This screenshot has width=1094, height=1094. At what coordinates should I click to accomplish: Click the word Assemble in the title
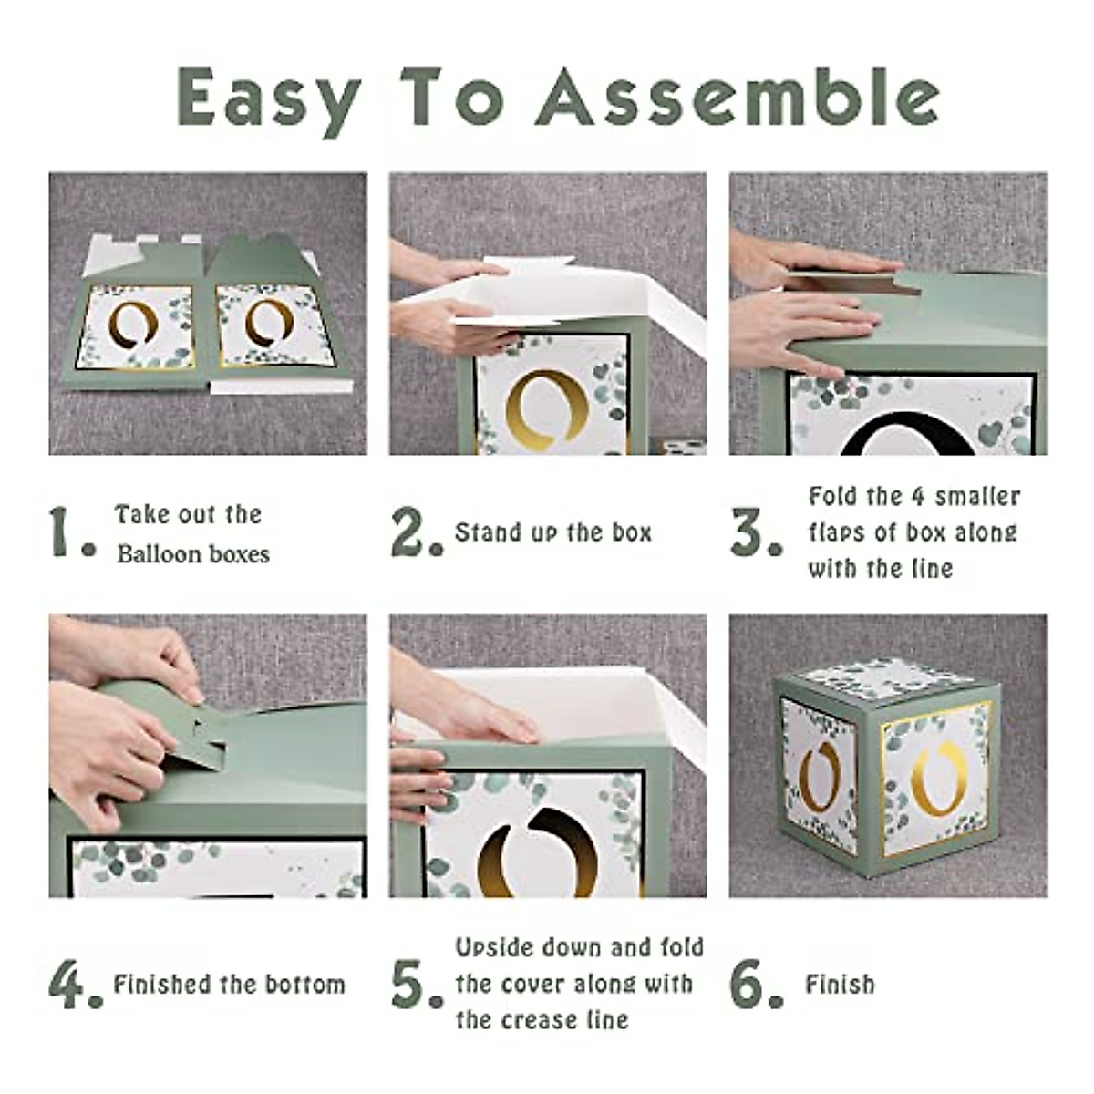pyautogui.click(x=737, y=97)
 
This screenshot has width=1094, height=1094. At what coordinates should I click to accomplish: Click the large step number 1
pyautogui.click(x=71, y=532)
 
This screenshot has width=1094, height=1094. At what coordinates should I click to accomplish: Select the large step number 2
pyautogui.click(x=416, y=532)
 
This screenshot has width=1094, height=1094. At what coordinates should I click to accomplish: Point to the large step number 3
pyautogui.click(x=756, y=532)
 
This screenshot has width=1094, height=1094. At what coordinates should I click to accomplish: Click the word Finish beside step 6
pyautogui.click(x=840, y=984)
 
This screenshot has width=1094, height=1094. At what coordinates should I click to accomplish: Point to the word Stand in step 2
pyautogui.click(x=480, y=532)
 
